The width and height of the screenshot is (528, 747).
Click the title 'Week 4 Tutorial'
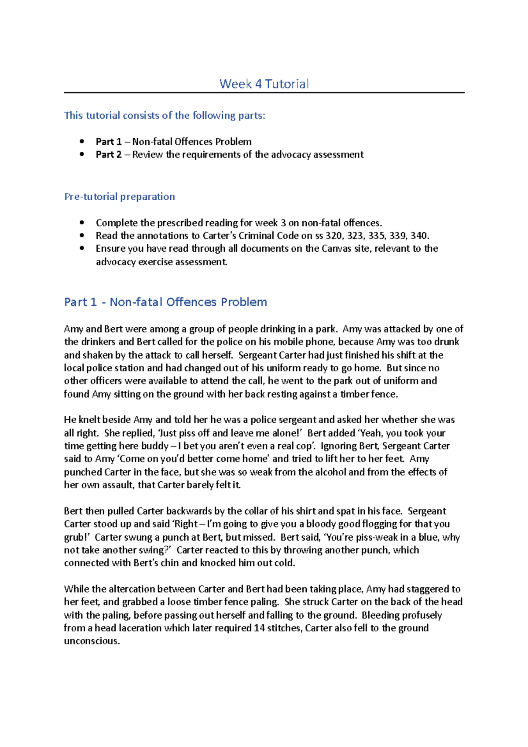(264, 84)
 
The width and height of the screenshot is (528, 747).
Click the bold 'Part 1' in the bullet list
(109, 142)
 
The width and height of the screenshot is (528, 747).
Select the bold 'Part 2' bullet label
(109, 154)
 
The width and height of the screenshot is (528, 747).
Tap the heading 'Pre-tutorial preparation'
(120, 197)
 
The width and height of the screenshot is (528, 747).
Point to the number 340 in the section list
(419, 236)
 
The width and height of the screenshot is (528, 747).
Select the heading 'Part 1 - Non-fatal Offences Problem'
(165, 302)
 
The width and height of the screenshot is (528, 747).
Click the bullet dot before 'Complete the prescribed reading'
(81, 223)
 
